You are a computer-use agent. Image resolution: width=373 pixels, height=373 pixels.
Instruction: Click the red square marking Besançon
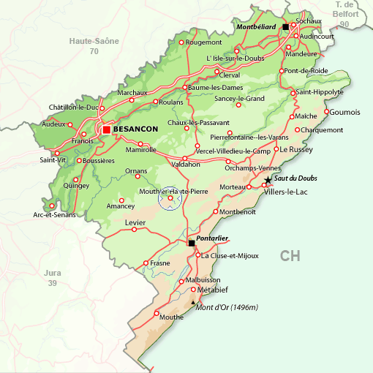[107, 129]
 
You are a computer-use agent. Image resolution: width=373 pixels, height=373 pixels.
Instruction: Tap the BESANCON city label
[137, 129]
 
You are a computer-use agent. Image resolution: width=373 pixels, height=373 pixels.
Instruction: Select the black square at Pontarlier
[192, 243]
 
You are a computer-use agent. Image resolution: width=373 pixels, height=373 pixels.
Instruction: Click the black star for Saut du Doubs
[268, 180]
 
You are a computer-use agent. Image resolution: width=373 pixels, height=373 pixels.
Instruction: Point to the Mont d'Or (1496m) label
[227, 307]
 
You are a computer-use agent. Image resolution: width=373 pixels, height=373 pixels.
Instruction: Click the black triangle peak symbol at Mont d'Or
[193, 302]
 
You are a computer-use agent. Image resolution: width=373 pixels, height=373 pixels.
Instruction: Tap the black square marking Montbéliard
[285, 26]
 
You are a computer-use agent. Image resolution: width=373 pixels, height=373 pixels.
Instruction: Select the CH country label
[290, 255]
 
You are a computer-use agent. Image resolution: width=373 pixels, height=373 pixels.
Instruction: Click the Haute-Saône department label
[94, 42]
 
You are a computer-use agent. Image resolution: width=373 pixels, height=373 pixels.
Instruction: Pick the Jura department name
[52, 272]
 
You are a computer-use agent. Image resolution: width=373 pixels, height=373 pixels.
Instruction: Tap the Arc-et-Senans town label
[54, 215]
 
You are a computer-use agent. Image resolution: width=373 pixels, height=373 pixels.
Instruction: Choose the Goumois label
[345, 112]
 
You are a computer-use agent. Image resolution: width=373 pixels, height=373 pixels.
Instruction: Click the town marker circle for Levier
[134, 229]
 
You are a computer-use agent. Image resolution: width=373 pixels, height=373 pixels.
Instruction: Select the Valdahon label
[185, 165]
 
